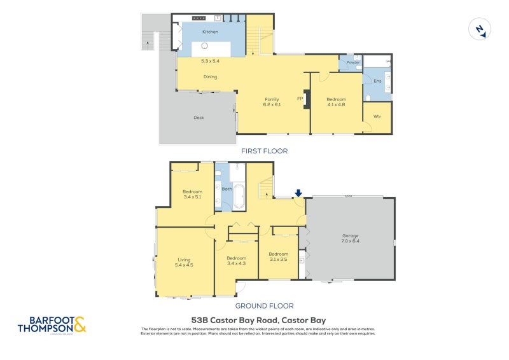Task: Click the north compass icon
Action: tap(478, 30)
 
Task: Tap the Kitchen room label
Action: tap(210, 31)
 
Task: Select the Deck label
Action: tap(199, 117)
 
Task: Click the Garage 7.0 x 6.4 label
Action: tap(351, 238)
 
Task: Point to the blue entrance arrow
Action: tap(298, 193)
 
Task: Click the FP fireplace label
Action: tap(300, 99)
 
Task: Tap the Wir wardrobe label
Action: tap(377, 117)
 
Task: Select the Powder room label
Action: tap(353, 62)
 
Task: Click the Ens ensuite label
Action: tap(377, 81)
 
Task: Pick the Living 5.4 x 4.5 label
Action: tap(184, 262)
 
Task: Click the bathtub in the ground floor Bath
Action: tap(239, 197)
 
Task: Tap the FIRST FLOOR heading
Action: tap(264, 151)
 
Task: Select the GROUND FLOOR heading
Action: tap(264, 305)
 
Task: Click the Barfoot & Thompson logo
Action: tap(52, 325)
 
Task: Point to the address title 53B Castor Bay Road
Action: tap(258, 321)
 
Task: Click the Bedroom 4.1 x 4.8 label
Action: tap(336, 102)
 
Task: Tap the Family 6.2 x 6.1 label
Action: tap(272, 102)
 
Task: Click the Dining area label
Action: tap(210, 77)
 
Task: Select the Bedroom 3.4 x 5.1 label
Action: tap(192, 195)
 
